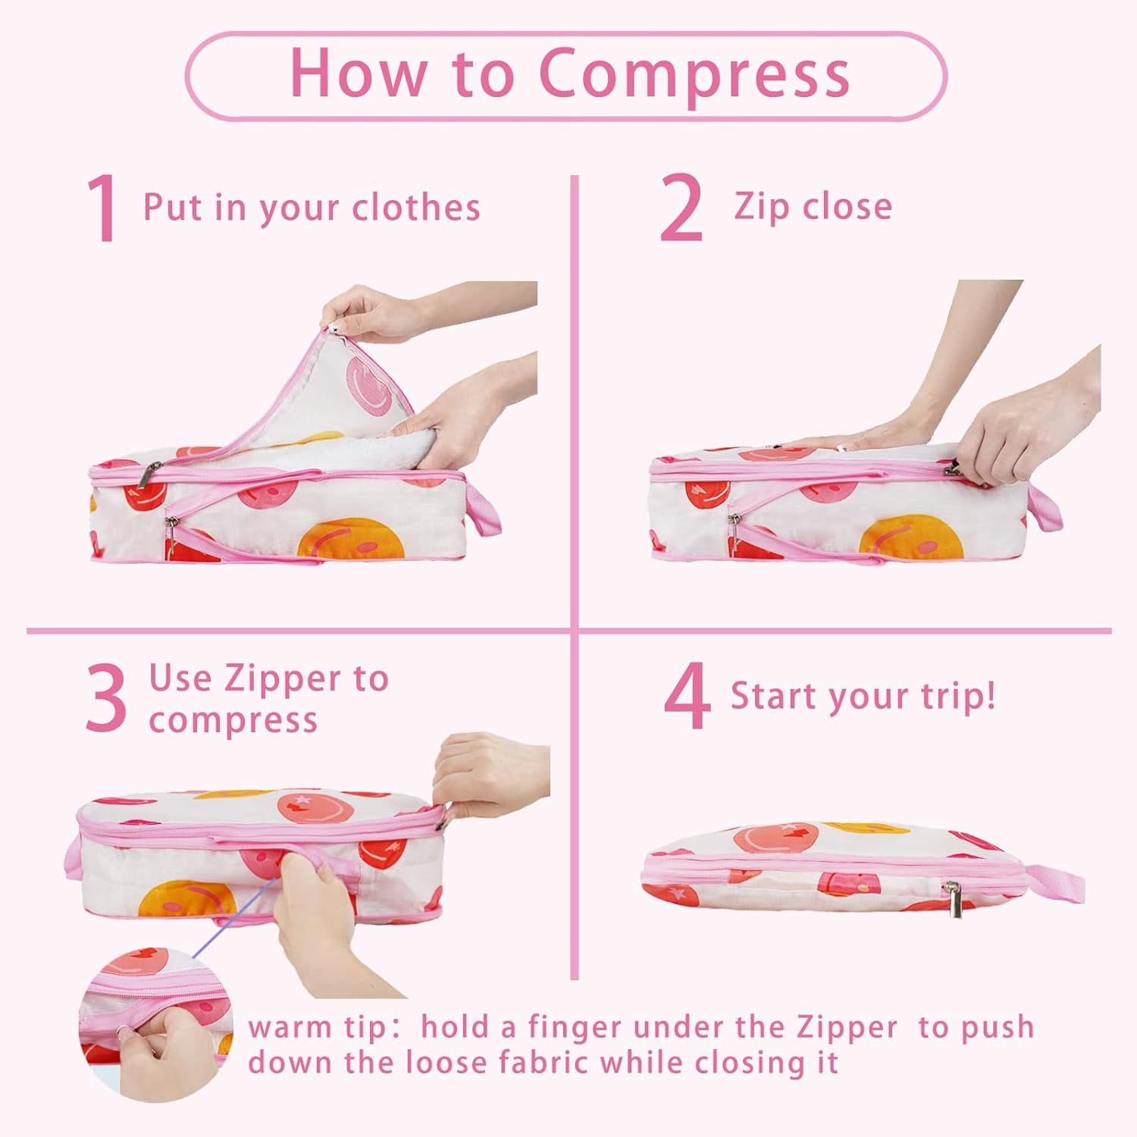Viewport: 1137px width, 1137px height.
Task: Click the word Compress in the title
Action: (694, 74)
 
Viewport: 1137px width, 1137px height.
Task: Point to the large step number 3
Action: (105, 698)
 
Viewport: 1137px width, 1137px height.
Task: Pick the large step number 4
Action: (688, 697)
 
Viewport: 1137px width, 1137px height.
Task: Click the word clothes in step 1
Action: (417, 207)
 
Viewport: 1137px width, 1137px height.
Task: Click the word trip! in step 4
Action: (957, 696)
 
